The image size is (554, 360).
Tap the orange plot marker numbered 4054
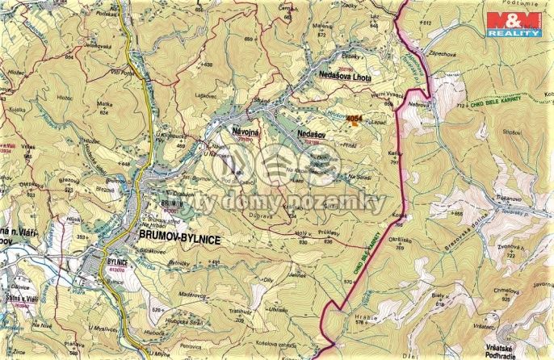(x=355, y=119)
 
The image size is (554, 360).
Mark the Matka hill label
(x=103, y=104)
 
